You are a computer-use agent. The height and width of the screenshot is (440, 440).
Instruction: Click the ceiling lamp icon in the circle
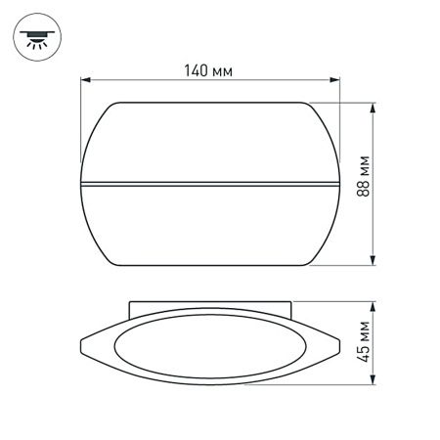tap(36, 37)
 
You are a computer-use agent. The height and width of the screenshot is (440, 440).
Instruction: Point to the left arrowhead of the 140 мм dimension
tap(85, 81)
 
